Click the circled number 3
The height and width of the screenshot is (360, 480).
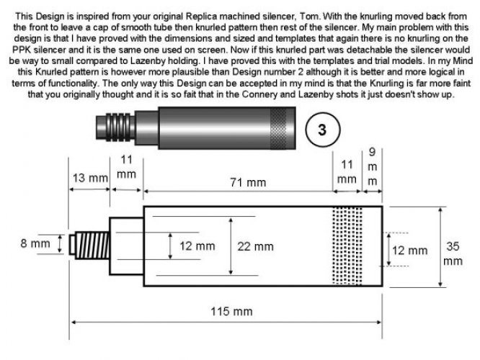coord(323,130)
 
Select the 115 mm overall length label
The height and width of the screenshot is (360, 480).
coord(232,312)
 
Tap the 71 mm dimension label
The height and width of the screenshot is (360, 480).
coord(248,183)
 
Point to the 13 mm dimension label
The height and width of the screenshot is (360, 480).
coord(90,178)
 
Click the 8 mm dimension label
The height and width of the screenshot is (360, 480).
coord(35,243)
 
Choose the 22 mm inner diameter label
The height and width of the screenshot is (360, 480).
coord(255,246)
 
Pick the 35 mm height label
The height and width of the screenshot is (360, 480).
coord(453,254)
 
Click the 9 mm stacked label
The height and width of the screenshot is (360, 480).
coord(372,167)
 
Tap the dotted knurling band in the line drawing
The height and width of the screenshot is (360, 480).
coord(347,246)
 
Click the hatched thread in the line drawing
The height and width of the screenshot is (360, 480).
coord(92,246)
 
